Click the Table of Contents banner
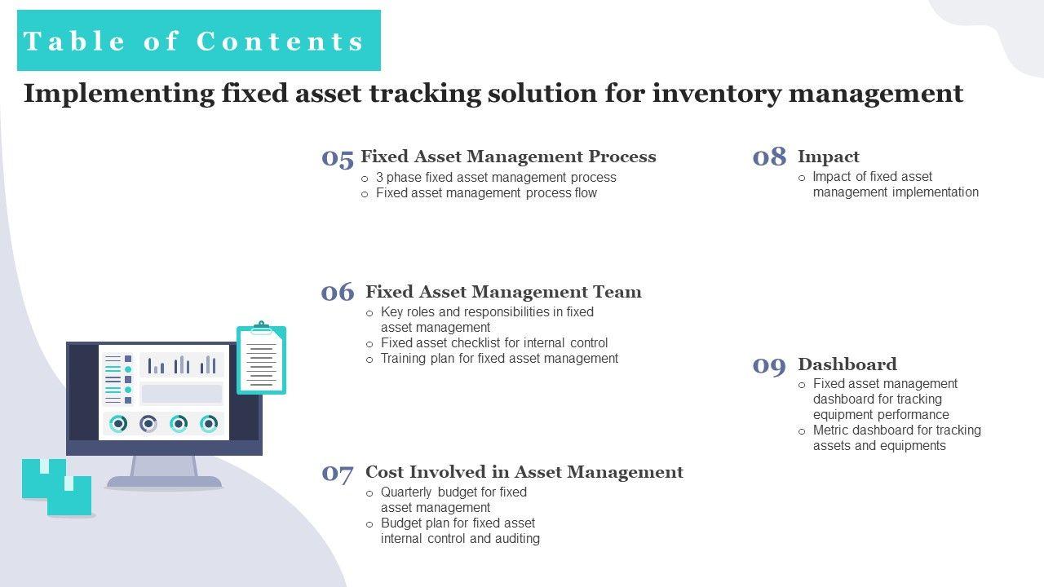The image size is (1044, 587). (199, 41)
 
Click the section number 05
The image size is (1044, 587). (338, 158)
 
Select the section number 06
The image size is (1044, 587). (338, 292)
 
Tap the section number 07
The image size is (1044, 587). (338, 474)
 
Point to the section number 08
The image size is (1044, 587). (769, 157)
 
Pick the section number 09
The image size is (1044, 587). (769, 366)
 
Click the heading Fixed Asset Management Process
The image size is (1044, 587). (508, 157)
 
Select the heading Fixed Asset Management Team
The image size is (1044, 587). (503, 292)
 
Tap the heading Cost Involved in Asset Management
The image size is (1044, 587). (524, 472)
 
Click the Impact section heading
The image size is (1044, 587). (829, 157)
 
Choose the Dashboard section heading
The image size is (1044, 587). (847, 364)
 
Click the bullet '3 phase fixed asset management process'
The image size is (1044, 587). (496, 178)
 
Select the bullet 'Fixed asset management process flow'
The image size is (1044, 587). (486, 193)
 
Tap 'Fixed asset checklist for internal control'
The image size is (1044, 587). (494, 343)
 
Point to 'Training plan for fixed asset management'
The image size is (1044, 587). (499, 358)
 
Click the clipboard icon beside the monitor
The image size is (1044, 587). (262, 358)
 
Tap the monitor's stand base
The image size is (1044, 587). (164, 482)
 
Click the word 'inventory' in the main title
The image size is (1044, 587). (717, 94)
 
